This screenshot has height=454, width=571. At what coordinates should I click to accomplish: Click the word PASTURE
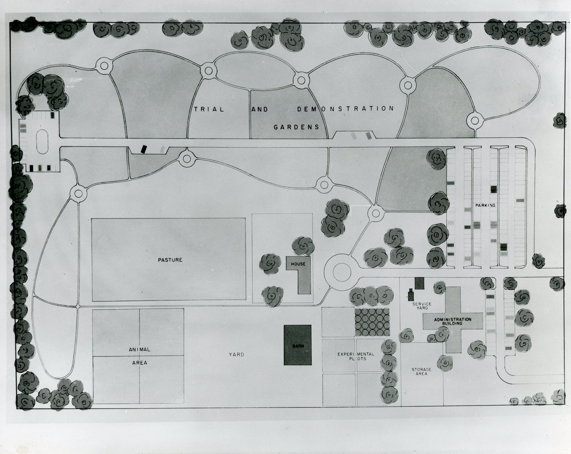[x=170, y=260]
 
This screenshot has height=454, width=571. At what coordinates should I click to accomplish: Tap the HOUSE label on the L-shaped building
[x=298, y=264]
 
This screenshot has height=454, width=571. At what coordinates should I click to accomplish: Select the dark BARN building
[x=298, y=345]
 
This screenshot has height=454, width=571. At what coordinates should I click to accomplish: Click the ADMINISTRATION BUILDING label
[x=452, y=321]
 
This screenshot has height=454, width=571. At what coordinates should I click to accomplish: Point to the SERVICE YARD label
[x=422, y=306]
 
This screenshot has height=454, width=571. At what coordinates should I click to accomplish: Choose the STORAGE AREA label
[x=421, y=371]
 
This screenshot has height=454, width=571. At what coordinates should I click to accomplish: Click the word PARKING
[x=485, y=205]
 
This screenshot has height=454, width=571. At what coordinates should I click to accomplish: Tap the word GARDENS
[x=296, y=127]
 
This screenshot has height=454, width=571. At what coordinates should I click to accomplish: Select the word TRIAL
[x=209, y=109]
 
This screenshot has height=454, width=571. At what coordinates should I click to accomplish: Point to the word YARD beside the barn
[x=236, y=354]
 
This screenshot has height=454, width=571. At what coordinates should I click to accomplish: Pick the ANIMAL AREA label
[x=140, y=356]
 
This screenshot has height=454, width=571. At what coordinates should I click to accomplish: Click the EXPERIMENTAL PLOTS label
[x=356, y=356]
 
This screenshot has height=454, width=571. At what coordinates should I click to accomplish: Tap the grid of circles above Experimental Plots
[x=372, y=322]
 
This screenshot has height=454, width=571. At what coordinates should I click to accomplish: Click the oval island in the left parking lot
[x=42, y=142]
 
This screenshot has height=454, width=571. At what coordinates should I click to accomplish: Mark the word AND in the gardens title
[x=260, y=109]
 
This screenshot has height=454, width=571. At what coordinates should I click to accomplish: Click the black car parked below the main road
[x=144, y=149]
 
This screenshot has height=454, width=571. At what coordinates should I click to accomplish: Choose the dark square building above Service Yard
[x=419, y=283]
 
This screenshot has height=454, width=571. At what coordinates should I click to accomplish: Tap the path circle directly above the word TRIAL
[x=208, y=70]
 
